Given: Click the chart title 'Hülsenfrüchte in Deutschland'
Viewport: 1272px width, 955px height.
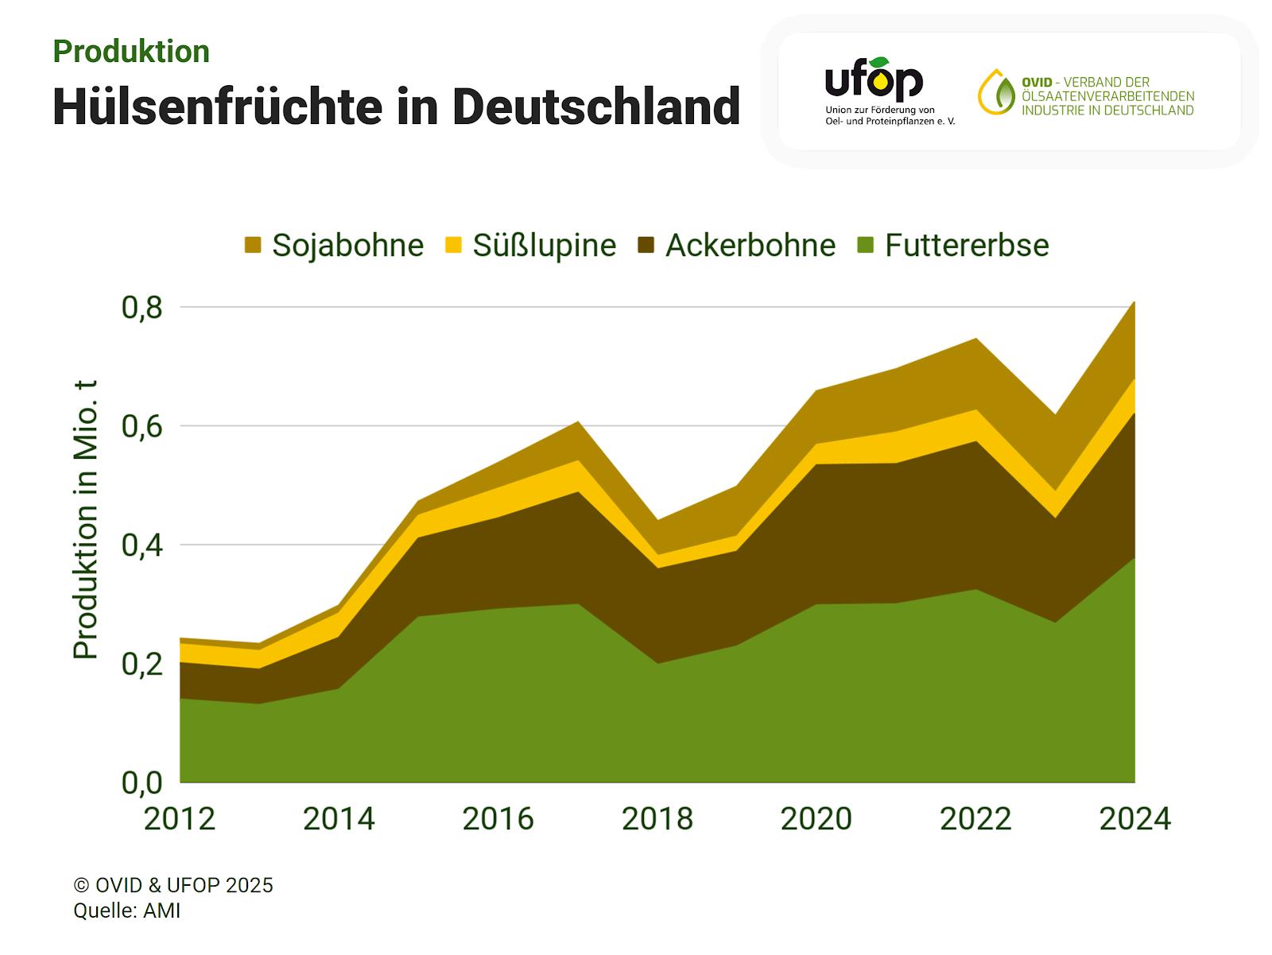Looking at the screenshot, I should tap(396, 107).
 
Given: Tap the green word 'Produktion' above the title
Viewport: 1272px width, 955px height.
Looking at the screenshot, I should tap(131, 52).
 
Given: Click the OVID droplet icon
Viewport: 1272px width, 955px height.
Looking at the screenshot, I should tap(996, 93).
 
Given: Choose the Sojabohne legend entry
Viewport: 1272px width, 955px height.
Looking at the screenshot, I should tap(334, 245).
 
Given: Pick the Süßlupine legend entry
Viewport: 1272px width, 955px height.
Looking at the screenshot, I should tap(530, 245).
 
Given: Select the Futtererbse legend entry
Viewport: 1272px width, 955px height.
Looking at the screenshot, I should tap(954, 245).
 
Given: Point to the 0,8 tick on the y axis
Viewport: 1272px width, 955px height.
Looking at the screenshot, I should tap(142, 308).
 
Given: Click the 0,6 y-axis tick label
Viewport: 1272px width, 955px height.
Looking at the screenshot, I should tap(142, 427).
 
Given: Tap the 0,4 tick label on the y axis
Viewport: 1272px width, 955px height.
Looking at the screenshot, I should tap(142, 546).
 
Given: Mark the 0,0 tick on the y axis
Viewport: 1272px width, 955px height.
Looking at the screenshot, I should tap(142, 782).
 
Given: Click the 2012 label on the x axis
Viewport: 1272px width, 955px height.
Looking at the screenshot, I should tap(180, 818).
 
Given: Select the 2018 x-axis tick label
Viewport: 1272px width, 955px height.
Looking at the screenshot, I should tap(657, 818).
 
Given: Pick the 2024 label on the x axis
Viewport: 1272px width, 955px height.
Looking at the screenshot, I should tap(1134, 818).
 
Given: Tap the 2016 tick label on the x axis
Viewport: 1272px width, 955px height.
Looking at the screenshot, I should tap(498, 818).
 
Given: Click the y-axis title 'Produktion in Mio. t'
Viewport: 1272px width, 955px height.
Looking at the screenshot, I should tap(85, 519).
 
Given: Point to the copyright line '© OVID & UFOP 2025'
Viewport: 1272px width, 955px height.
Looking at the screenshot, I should tap(173, 885).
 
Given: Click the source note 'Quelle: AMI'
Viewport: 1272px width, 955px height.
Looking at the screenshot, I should tap(127, 910).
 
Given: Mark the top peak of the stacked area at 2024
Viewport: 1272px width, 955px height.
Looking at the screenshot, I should tap(1134, 302).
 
